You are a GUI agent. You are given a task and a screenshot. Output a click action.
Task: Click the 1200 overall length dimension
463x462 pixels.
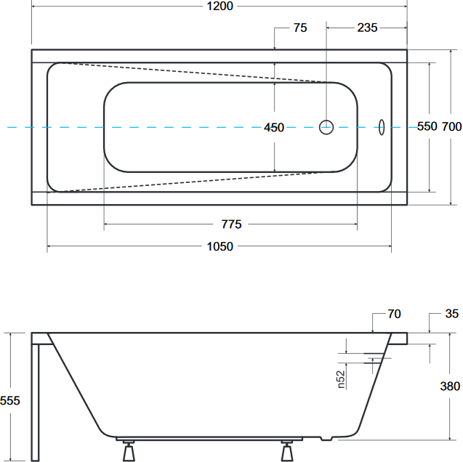[220, 7]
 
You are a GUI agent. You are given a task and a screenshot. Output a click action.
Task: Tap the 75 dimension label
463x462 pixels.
[300, 28]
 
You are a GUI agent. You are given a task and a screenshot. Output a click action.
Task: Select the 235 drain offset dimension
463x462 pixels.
[367, 28]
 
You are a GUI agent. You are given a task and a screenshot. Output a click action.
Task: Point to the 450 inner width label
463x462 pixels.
[274, 127]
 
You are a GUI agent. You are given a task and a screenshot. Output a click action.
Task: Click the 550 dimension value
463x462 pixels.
[427, 126]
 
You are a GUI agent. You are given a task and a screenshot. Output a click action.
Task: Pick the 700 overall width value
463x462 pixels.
[452, 126]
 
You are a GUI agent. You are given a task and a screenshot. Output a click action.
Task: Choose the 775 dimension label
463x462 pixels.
[231, 224]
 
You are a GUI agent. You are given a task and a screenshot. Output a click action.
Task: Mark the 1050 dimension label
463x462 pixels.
[220, 246]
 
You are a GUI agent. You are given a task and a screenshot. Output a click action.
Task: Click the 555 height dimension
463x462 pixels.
[10, 400]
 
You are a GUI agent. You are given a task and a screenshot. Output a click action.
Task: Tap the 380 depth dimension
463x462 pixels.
[450, 386]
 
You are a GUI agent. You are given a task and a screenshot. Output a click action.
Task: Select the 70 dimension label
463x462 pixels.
[394, 314]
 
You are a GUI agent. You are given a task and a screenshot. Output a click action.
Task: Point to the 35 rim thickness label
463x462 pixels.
[452, 314]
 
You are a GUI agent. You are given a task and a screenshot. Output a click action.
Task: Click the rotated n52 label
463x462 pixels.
[341, 379]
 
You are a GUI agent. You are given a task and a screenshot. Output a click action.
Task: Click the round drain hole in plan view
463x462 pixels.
[326, 121]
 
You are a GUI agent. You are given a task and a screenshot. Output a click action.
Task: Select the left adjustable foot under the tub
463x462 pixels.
[129, 451]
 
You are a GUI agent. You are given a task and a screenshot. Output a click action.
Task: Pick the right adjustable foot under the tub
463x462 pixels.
[286, 451]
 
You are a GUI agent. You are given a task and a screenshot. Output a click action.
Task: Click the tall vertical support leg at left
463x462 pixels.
[35, 402]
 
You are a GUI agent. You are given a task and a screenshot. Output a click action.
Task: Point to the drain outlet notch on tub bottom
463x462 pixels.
[326, 439]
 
